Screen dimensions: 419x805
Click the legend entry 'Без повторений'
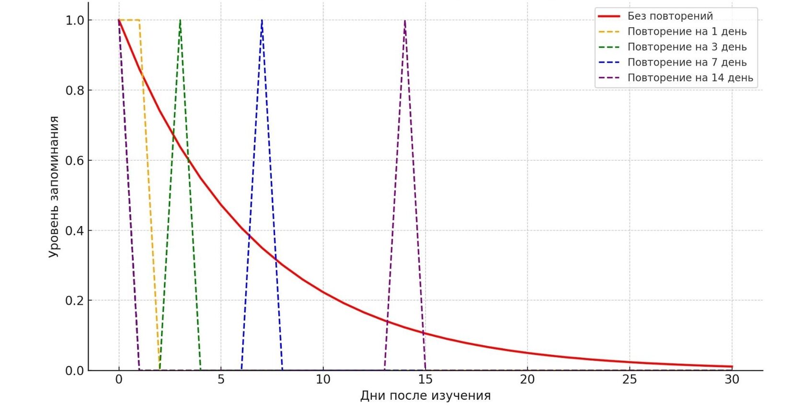[670, 16]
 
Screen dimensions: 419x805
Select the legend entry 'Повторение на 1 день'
[687, 32]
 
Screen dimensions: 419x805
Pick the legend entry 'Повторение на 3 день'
[687, 47]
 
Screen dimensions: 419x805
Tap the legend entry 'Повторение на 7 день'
[687, 62]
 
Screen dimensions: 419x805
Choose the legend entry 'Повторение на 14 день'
[690, 78]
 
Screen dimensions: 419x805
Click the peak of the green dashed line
[180, 20]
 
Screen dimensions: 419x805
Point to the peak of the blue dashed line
[262, 20]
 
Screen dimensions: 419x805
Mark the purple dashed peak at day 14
[405, 20]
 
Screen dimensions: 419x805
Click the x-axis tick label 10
[323, 380]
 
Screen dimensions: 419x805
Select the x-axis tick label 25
[630, 380]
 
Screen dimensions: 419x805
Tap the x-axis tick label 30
[732, 380]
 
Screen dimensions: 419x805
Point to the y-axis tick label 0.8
[75, 91]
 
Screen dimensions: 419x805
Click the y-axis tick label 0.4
[75, 231]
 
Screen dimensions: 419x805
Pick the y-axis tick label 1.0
[75, 21]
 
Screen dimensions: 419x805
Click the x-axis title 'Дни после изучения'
[425, 396]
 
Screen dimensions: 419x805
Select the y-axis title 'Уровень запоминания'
[54, 187]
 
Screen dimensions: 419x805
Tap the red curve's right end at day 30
[732, 367]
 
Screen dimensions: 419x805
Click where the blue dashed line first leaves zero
[241, 370]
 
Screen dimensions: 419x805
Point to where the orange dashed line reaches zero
[160, 370]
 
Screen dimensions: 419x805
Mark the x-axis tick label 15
[425, 380]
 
